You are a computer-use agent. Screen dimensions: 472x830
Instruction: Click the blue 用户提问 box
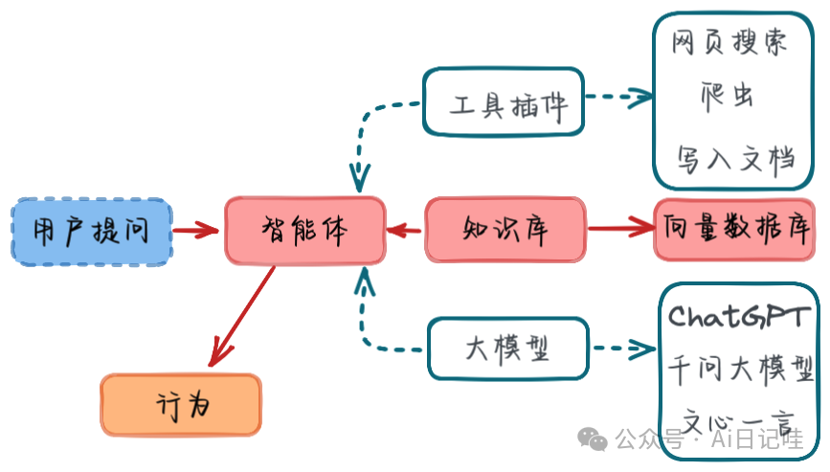[92, 231]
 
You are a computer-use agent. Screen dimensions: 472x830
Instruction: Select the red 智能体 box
[305, 231]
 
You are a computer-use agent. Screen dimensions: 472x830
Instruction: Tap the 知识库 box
[505, 230]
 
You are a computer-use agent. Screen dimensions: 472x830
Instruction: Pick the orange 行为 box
[181, 405]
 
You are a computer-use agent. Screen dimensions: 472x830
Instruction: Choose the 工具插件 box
[503, 101]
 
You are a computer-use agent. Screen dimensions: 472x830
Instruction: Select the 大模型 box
[506, 348]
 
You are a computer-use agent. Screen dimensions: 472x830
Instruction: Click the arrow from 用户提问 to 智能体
[196, 231]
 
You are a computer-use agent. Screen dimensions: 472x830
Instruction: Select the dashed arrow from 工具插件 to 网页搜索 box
[618, 96]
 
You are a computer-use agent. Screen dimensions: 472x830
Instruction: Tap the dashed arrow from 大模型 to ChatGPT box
[622, 348]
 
